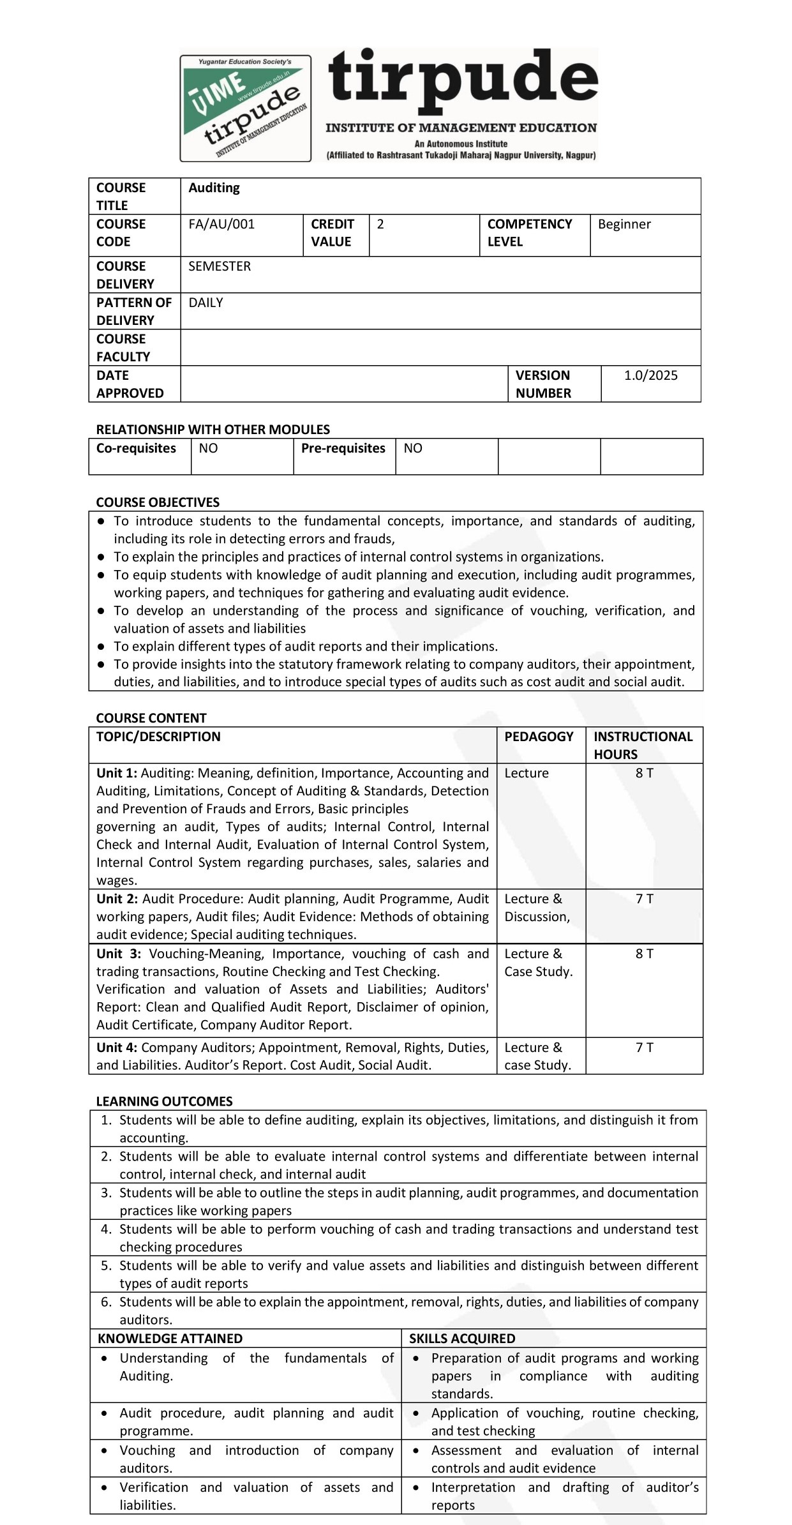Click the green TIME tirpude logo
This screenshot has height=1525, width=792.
246,108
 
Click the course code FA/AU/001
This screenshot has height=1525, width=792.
221,224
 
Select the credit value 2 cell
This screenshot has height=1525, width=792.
381,224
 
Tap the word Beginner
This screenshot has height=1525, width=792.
624,224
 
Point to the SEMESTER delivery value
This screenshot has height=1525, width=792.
220,266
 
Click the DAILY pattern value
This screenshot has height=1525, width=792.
205,303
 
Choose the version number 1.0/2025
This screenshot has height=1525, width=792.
650,375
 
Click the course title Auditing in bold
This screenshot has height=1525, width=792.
214,188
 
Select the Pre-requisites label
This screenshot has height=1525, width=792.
343,448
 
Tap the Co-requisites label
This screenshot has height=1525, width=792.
136,448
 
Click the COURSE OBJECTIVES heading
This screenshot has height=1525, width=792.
158,502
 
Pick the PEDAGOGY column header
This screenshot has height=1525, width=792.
539,737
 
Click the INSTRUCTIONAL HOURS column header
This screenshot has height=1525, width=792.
643,745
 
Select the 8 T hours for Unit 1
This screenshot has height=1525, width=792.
644,773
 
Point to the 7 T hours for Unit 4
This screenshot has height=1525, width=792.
644,1048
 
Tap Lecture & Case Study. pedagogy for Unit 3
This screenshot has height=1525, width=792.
538,963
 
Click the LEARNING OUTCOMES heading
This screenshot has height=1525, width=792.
164,1101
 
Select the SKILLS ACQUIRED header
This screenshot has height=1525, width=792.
462,1339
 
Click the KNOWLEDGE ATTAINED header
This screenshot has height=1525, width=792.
170,1339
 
